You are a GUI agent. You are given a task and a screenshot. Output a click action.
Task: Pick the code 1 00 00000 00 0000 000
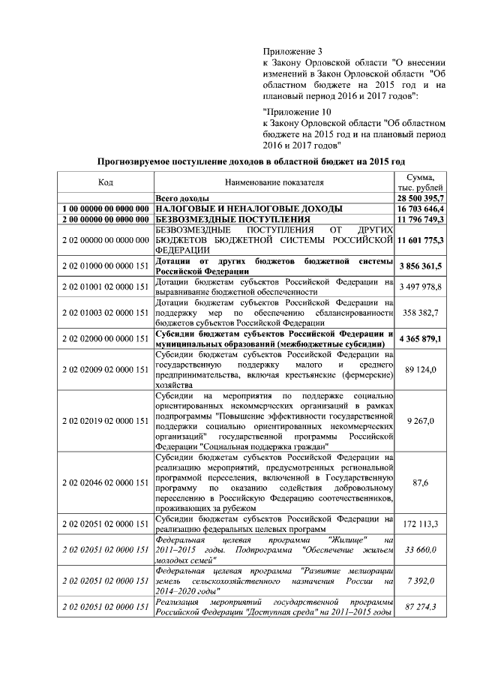pyautogui.click(x=106, y=208)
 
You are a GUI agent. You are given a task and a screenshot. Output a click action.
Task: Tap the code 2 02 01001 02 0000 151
pyautogui.click(x=106, y=287)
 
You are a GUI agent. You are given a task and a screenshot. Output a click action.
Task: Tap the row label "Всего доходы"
pyautogui.click(x=179, y=197)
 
